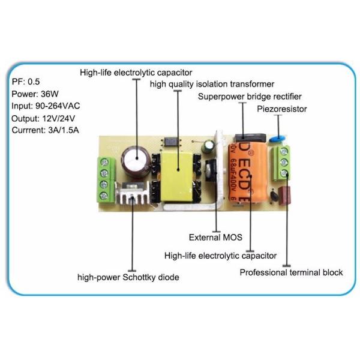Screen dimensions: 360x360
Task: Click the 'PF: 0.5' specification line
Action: [28, 80]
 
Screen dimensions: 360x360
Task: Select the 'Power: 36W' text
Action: [34, 93]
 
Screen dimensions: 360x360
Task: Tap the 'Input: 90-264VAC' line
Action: [46, 106]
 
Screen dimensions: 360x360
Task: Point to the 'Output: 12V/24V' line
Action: [43, 118]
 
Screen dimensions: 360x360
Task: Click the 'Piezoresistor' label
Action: [282, 109]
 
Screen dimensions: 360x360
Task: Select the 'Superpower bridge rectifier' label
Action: [250, 96]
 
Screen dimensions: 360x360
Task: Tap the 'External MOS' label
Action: [215, 237]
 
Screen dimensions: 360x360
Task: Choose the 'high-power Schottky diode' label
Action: [128, 277]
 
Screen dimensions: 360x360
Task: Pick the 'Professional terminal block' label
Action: [292, 272]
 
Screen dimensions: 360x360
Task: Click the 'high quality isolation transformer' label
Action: [212, 84]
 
